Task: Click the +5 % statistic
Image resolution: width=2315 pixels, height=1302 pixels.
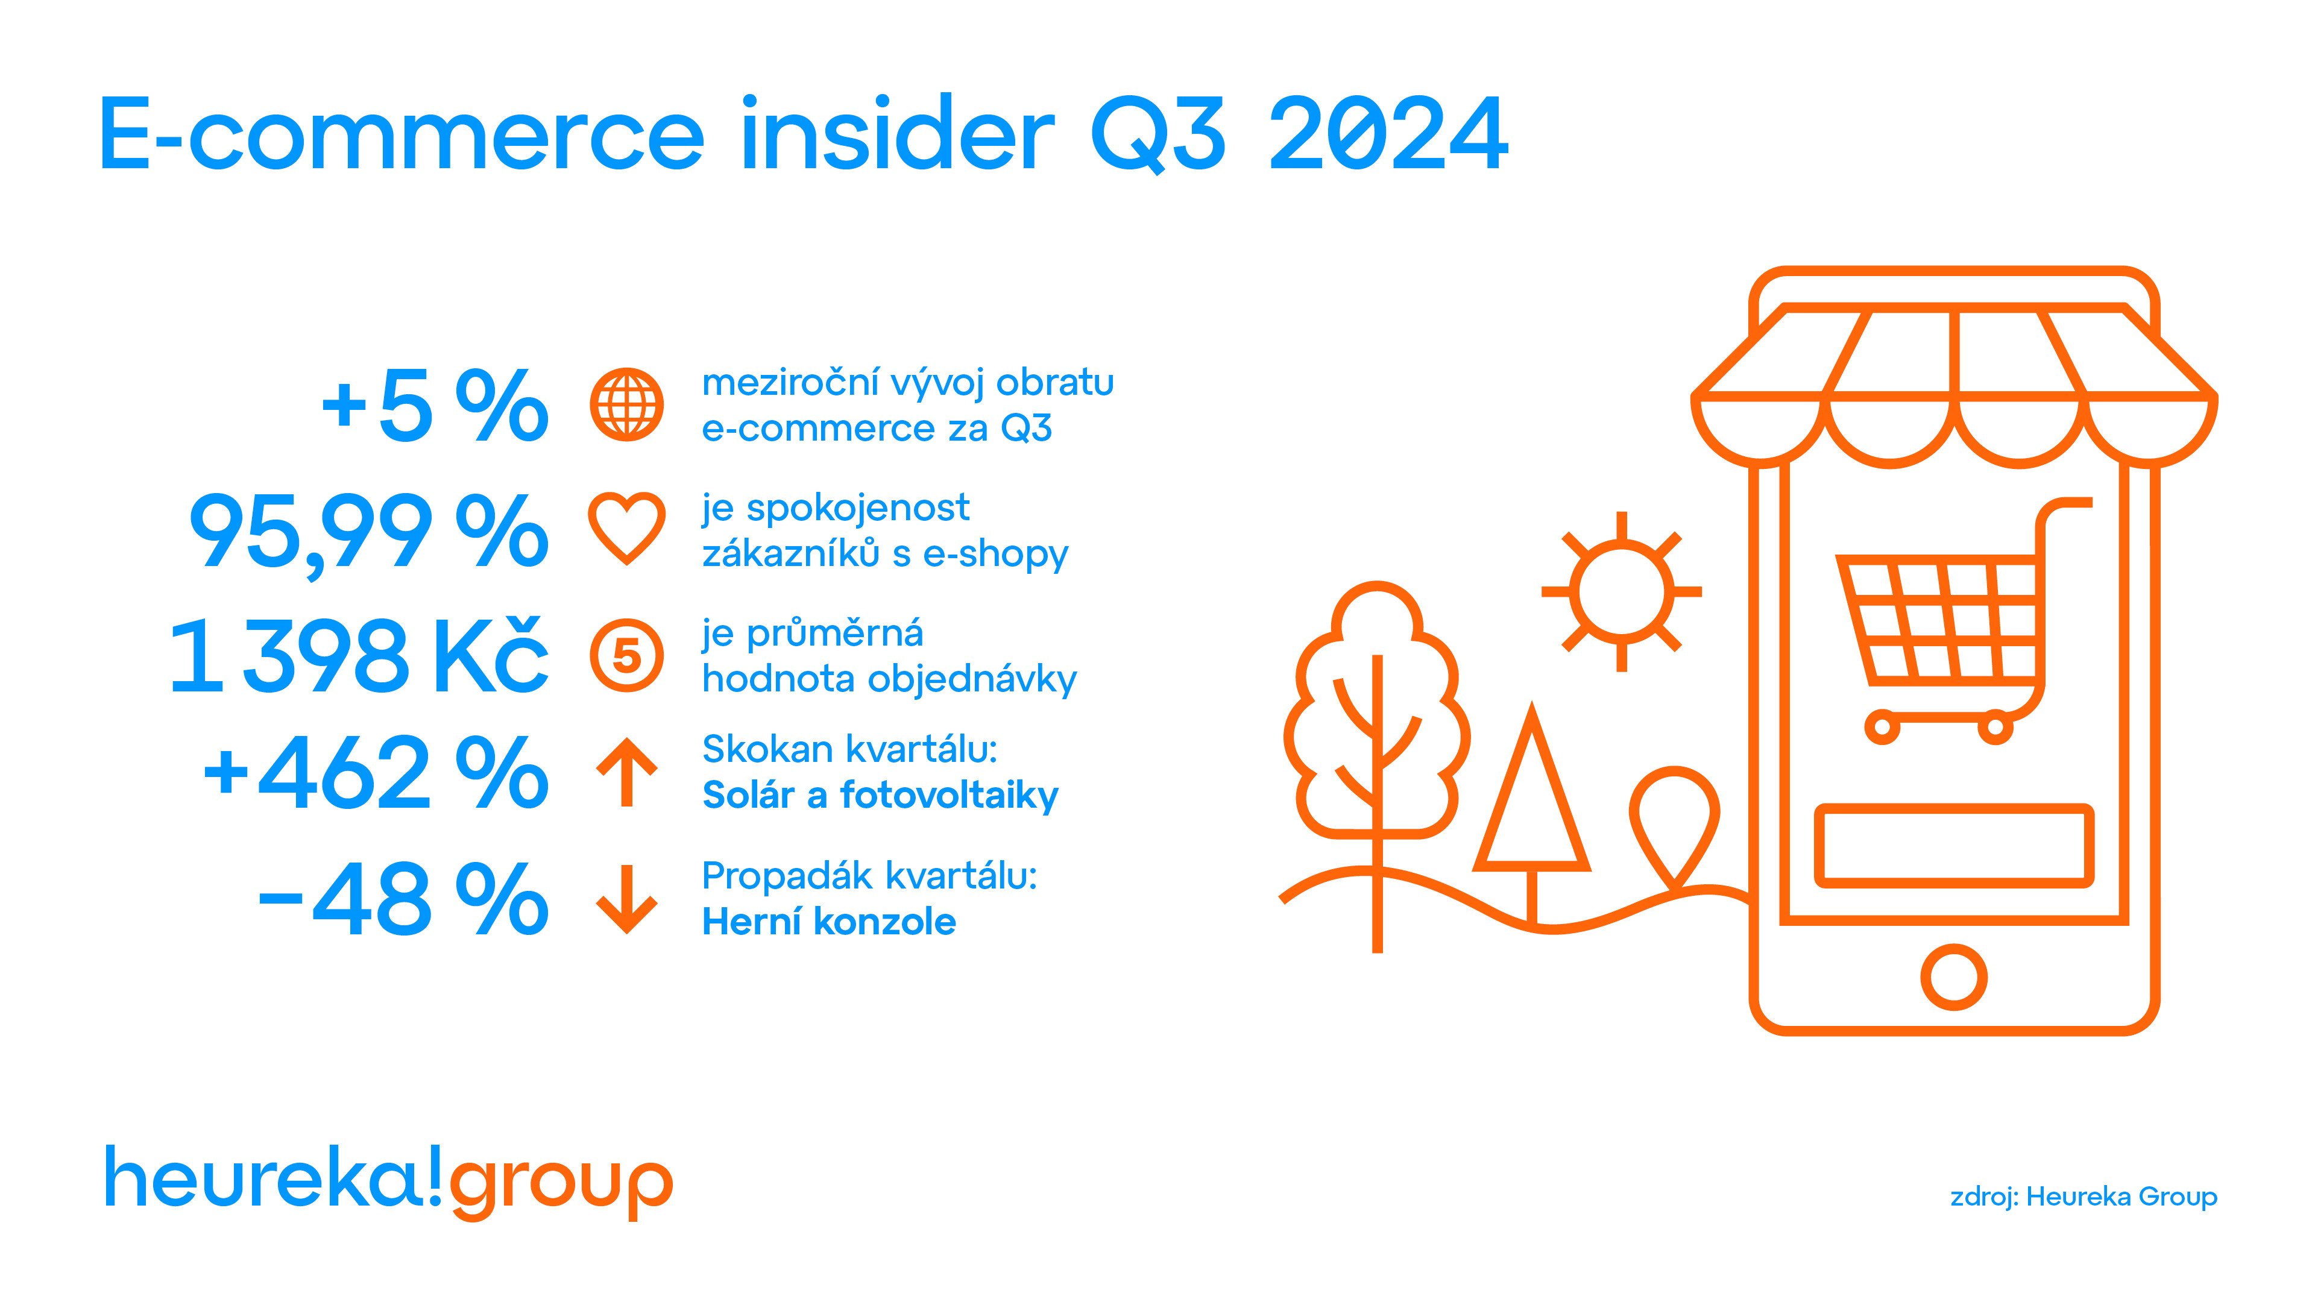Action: point(435,407)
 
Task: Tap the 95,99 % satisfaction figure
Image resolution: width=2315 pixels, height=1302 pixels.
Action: point(368,533)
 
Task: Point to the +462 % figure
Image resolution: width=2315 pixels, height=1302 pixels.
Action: point(376,773)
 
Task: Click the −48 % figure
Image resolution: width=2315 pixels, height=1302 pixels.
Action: point(403,899)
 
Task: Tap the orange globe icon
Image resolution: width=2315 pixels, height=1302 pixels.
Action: point(627,404)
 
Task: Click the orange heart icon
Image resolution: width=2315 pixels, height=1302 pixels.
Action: point(627,529)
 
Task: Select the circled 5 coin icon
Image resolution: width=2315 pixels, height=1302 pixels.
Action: point(627,656)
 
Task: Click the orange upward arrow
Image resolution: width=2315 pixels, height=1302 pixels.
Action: point(627,773)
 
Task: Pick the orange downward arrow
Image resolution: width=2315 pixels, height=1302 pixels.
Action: point(627,899)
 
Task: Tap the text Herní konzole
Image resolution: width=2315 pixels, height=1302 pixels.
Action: point(828,922)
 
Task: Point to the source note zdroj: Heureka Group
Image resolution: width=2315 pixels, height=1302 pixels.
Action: point(2083,1197)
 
